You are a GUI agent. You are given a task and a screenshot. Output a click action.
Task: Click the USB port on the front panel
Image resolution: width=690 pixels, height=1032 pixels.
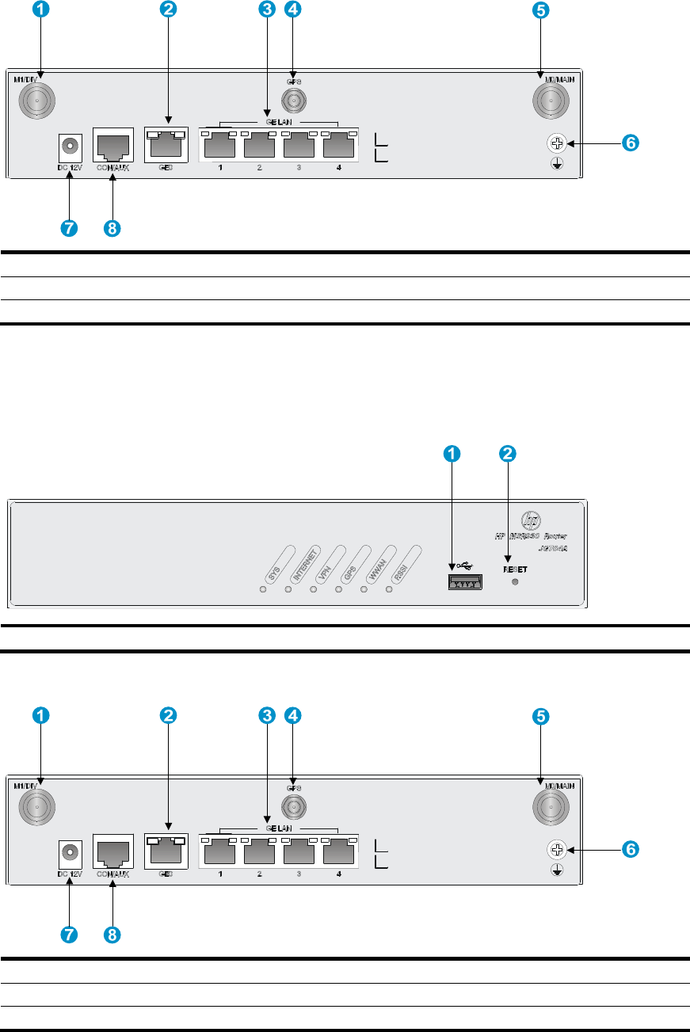[465, 581]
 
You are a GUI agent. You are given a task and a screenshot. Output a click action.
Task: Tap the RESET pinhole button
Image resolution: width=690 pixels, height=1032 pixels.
[516, 582]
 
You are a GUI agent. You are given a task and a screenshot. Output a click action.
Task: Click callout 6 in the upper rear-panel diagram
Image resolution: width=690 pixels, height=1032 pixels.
[631, 143]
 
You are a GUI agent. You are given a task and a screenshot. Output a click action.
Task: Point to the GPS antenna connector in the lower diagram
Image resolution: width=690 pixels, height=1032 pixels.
[294, 806]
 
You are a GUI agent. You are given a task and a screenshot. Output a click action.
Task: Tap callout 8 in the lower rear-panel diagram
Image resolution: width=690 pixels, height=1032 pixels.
[113, 934]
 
